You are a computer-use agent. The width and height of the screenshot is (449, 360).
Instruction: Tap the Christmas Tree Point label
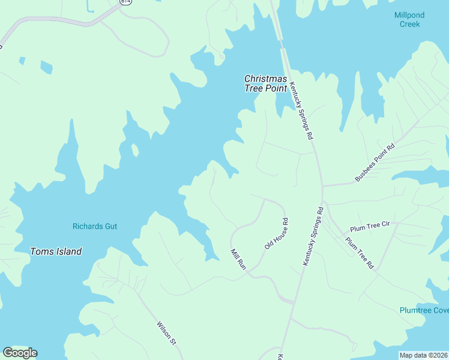[x=267, y=83]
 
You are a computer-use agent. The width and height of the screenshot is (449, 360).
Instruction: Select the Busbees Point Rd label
[x=375, y=162]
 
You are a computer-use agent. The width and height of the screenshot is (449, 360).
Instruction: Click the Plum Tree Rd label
[x=360, y=253]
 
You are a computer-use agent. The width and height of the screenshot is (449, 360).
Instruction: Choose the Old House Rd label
[x=277, y=234]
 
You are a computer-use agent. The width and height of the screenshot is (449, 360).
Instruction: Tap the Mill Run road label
[x=239, y=259]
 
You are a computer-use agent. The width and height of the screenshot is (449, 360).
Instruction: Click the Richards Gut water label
[x=95, y=226]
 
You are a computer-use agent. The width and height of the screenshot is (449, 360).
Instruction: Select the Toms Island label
[x=56, y=251]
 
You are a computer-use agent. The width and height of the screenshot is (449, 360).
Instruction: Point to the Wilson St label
[x=166, y=334]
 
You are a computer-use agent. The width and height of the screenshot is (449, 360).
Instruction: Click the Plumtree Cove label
[x=424, y=310]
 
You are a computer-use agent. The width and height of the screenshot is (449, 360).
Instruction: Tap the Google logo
[x=20, y=353]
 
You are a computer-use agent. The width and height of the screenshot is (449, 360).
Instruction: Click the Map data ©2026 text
[x=423, y=355]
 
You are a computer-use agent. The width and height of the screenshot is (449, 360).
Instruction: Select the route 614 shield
[x=125, y=2]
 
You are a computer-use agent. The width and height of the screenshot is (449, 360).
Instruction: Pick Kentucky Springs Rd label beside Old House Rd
[x=313, y=237]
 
